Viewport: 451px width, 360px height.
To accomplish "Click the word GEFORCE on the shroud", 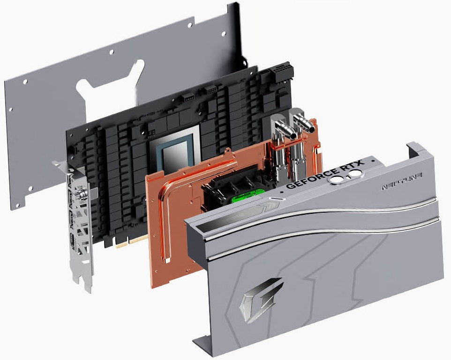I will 304,180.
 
